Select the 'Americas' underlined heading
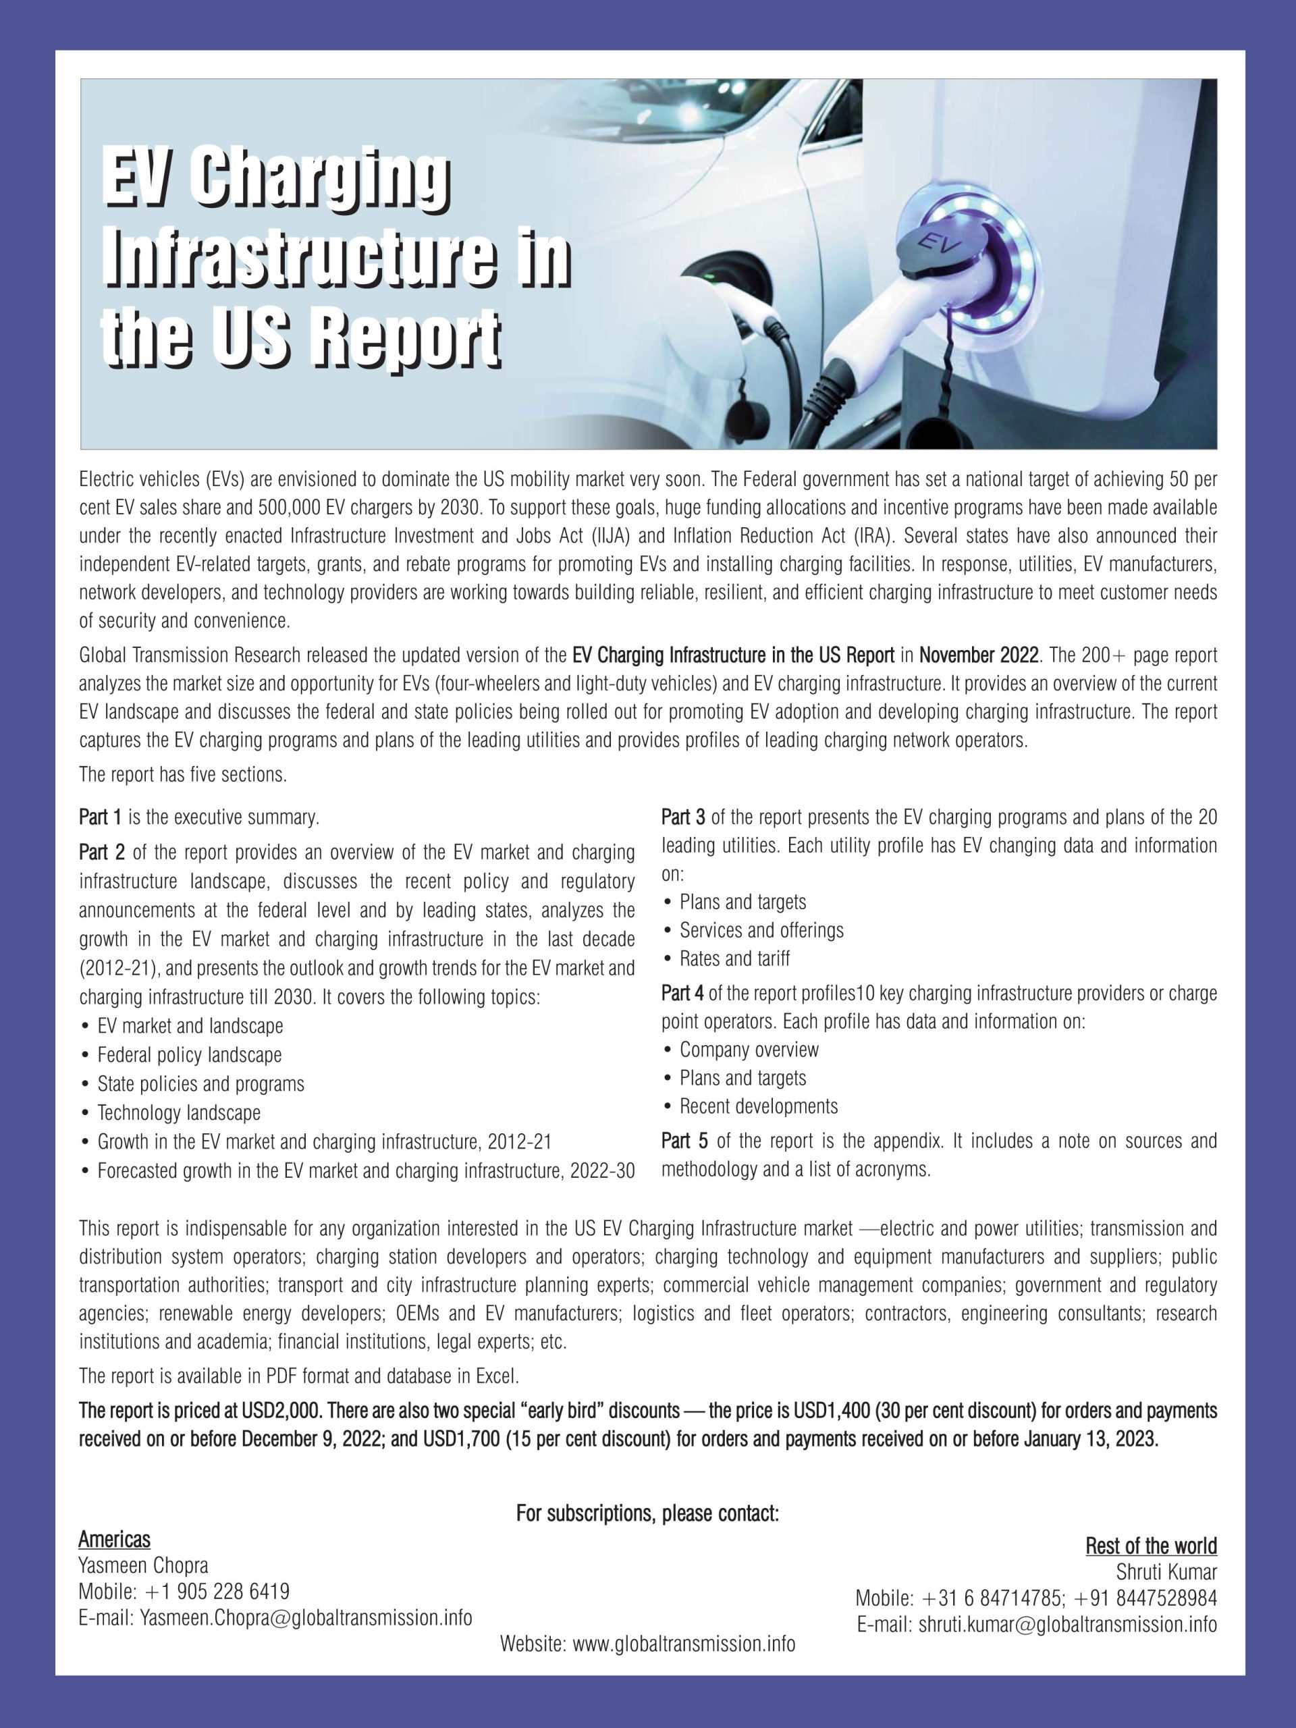pyautogui.click(x=114, y=1539)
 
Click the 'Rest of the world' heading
pyautogui.click(x=1151, y=1545)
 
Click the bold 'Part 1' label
pyautogui.click(x=100, y=818)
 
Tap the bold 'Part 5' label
pyautogui.click(x=684, y=1141)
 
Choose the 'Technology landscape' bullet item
pyautogui.click(x=179, y=1112)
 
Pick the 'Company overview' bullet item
pyautogui.click(x=749, y=1050)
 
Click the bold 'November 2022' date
pyautogui.click(x=979, y=655)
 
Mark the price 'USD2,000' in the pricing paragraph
pyautogui.click(x=273, y=1411)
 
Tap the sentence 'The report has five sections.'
pyautogui.click(x=184, y=775)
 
